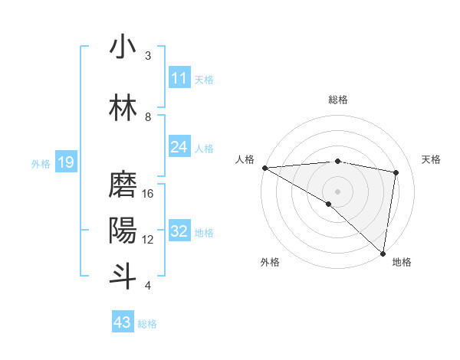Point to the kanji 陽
click(123, 230)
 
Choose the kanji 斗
click(123, 274)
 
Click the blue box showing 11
click(179, 78)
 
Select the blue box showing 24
click(179, 147)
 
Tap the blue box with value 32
click(179, 232)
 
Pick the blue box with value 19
click(65, 162)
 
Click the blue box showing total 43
click(122, 322)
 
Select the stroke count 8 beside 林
click(148, 116)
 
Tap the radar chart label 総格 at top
click(338, 100)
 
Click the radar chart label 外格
click(270, 262)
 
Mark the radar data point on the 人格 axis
click(264, 168)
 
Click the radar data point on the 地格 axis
click(383, 254)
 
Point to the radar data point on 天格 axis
click(396, 172)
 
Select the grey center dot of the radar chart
click(337, 190)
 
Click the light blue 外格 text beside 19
click(40, 163)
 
